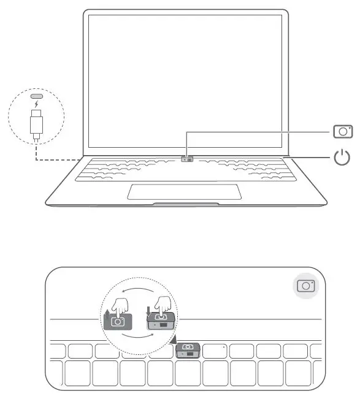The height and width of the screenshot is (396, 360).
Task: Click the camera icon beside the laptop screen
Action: click(x=342, y=131)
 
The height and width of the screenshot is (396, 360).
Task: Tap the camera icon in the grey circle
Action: click(x=305, y=286)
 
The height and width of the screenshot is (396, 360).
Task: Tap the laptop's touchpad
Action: click(x=184, y=190)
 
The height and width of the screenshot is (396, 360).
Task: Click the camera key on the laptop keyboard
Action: click(x=187, y=159)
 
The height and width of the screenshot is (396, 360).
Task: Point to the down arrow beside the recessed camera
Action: click(x=149, y=310)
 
